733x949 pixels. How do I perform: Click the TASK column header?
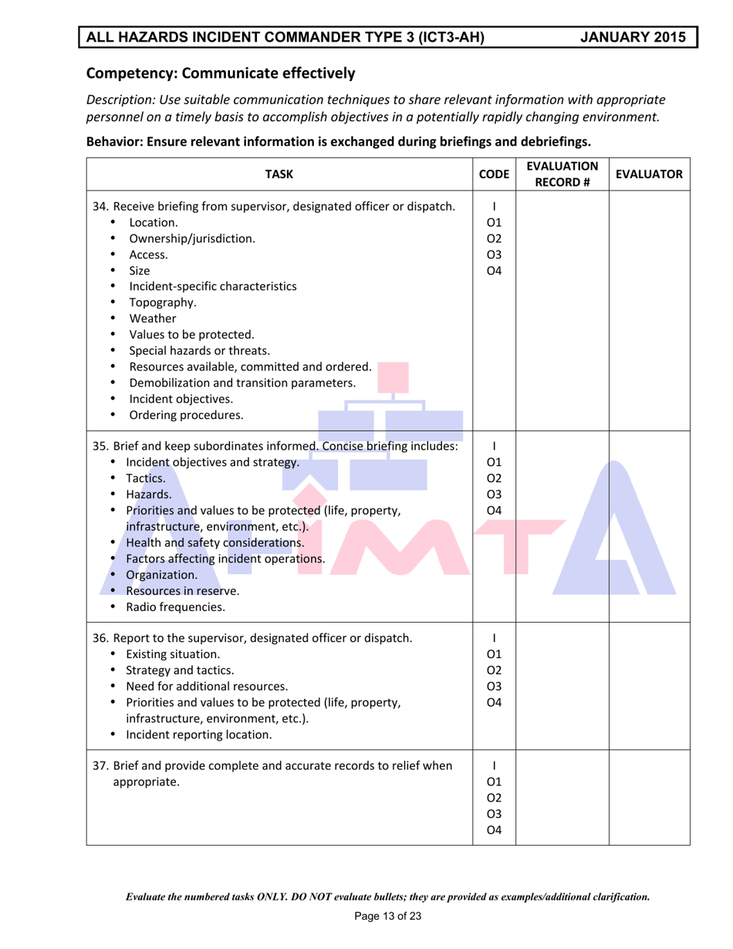coord(279,174)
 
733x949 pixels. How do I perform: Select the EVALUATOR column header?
coord(649,174)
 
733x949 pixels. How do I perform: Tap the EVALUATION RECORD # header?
coord(562,174)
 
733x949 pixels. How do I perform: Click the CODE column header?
coord(494,174)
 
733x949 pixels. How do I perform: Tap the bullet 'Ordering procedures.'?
coord(185,415)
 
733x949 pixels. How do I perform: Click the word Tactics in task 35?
coord(144,478)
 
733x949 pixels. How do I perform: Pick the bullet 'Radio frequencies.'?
coord(175,607)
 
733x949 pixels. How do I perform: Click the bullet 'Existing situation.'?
coord(173,654)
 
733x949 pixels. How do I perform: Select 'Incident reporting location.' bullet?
coord(198,735)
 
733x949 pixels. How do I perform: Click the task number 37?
coord(100,766)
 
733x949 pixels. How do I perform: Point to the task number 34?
coord(100,206)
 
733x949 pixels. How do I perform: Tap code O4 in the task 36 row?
coord(494,702)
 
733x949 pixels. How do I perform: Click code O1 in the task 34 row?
coord(494,222)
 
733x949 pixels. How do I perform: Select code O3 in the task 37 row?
coord(494,814)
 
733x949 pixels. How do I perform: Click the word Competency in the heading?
coord(126,74)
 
